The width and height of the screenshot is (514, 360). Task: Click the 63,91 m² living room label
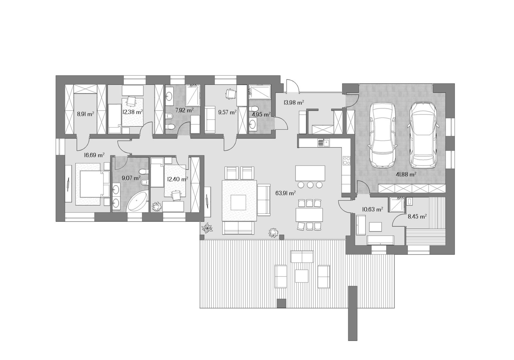285,193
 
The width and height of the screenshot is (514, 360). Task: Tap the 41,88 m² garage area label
406,174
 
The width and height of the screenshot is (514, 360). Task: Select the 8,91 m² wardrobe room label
85,114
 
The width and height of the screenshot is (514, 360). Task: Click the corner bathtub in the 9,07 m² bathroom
137,202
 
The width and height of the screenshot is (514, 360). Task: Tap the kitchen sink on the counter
323,143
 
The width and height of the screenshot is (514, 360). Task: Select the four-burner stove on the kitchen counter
347,160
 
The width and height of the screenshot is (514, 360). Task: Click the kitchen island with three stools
310,173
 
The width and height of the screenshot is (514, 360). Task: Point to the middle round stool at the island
310,184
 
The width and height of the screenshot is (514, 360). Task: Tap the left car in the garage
382,135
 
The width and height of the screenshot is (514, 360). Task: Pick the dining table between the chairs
309,215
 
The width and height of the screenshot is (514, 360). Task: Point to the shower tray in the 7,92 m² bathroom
193,95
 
